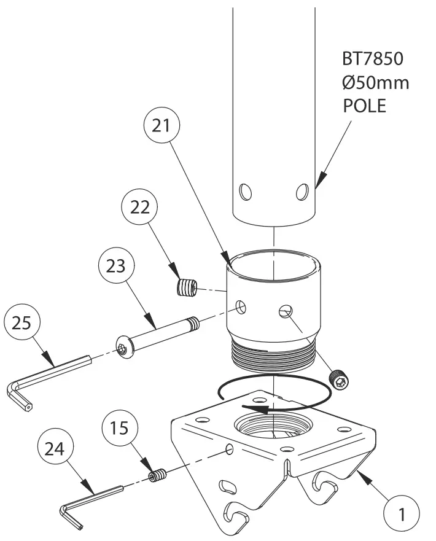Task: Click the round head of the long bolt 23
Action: (125, 350)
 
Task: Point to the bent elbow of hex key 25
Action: (15, 389)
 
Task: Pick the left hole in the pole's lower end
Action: (246, 192)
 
